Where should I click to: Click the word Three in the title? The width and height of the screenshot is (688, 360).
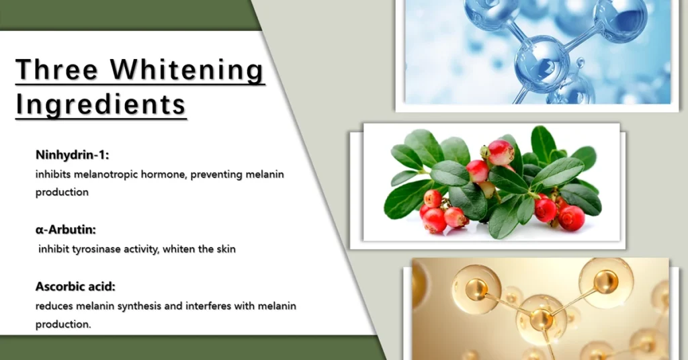[x=56, y=69]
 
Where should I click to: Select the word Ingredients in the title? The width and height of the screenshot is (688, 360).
[x=101, y=105]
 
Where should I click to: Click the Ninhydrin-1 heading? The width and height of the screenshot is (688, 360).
[x=73, y=154]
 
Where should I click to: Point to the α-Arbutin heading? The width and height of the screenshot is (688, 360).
[x=66, y=229]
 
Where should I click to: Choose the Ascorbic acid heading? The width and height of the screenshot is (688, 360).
[x=75, y=287]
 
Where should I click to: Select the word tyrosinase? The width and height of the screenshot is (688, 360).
[x=96, y=249]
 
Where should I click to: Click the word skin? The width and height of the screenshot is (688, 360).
[x=226, y=249]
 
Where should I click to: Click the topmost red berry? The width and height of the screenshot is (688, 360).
[x=500, y=152]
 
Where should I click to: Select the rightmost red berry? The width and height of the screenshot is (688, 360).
[x=571, y=218]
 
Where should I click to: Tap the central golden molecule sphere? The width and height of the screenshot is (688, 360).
[x=541, y=318]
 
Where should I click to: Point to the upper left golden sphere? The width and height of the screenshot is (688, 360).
[x=476, y=289]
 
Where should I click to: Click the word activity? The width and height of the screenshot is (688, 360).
[x=141, y=249]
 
